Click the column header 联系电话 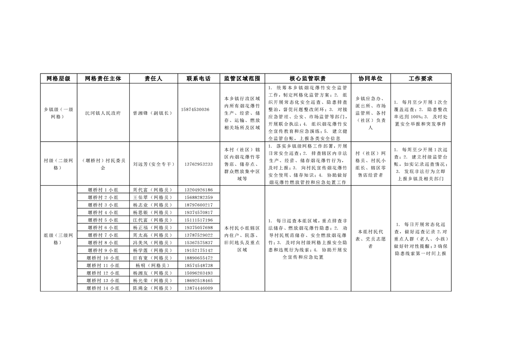pyautogui.click(x=198, y=78)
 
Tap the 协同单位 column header pyautogui.click(x=370, y=78)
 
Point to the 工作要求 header pyautogui.click(x=421, y=78)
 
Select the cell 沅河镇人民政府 pyautogui.click(x=103, y=113)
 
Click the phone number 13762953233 pyautogui.click(x=198, y=164)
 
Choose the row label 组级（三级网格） pyautogui.click(x=58, y=238)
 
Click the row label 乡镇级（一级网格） pyautogui.click(x=58, y=113)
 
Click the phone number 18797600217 pyautogui.click(x=198, y=205)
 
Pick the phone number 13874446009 pyautogui.click(x=198, y=288)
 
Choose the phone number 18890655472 pyautogui.click(x=198, y=258)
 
